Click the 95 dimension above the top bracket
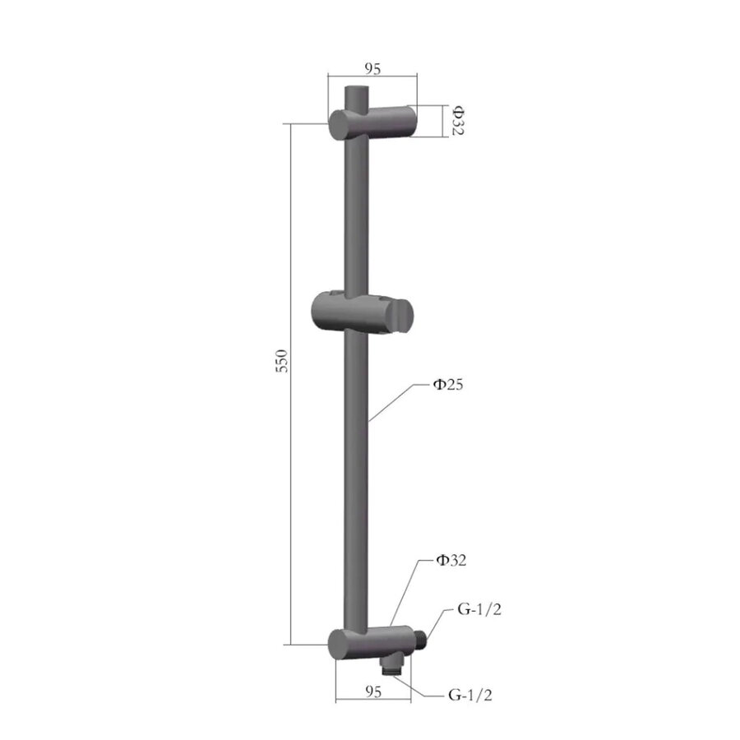[x=372, y=69]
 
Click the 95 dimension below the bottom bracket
[x=372, y=691]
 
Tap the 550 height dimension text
[x=280, y=363]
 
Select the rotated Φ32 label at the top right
[x=457, y=120]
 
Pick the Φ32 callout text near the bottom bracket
[x=451, y=562]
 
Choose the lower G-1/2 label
[x=470, y=696]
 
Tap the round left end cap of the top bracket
[x=340, y=127]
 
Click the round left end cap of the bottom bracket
[x=339, y=643]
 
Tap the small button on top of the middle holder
[x=334, y=294]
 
